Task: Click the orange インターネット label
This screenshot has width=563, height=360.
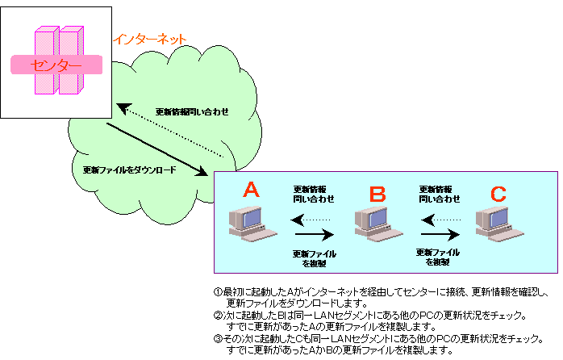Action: [150, 38]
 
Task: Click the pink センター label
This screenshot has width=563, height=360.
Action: [56, 65]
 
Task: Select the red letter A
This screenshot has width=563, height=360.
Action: [251, 190]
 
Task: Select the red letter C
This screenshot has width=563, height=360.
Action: [498, 193]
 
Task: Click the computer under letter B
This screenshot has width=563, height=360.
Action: [373, 224]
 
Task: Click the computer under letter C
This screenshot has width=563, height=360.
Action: [494, 224]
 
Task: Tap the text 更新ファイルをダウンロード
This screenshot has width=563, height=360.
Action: [129, 171]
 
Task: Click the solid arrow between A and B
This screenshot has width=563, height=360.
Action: [314, 235]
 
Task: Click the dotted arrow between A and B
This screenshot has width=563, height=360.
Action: [311, 219]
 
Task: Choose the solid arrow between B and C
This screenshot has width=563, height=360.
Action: [440, 235]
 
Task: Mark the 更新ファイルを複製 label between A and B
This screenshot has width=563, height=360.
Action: [314, 258]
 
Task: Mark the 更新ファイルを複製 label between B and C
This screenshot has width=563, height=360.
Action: [438, 257]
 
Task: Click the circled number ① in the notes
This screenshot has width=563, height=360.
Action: [218, 291]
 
